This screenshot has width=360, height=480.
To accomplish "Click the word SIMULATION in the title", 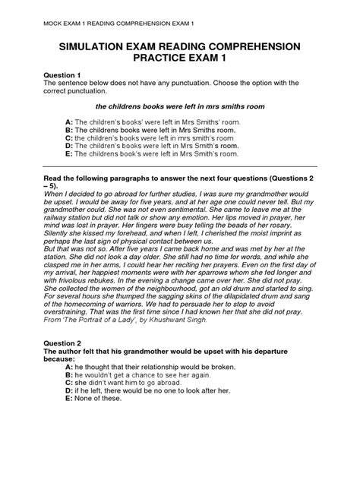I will [96, 47].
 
